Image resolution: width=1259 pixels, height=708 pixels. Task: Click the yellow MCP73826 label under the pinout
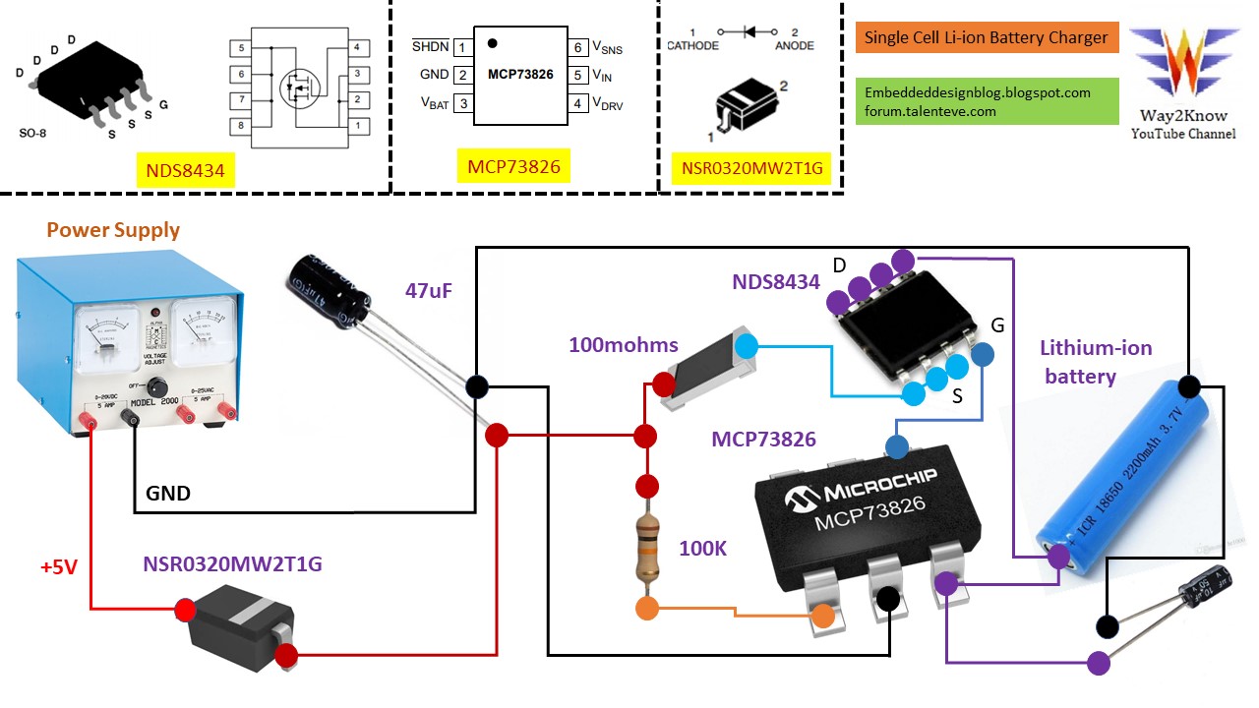513,167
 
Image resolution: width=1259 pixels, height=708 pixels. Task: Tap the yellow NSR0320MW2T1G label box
750,169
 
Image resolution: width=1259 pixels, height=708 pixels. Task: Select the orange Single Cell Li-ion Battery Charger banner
988,37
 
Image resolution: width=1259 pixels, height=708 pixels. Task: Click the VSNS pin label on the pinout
607,47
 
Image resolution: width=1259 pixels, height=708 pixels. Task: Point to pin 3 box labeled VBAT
462,103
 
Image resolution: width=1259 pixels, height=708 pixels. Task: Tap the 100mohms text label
623,345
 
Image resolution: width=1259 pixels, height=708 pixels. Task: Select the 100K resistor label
702,549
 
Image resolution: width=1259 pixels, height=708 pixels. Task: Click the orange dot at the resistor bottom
647,609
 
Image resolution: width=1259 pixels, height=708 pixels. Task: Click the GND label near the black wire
168,493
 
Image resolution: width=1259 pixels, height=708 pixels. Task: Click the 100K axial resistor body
646,551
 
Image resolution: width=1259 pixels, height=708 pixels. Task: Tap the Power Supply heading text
113,230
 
